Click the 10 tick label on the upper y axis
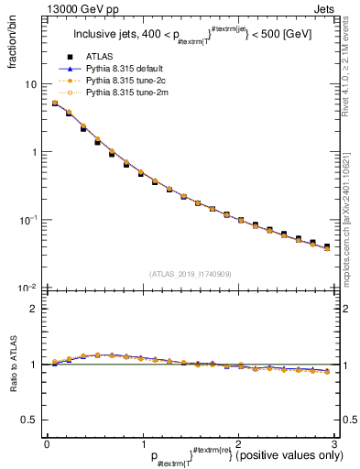(x=31, y=84)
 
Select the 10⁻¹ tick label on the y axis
(x=28, y=220)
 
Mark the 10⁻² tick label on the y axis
(x=28, y=288)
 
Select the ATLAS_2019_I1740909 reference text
(x=191, y=274)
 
